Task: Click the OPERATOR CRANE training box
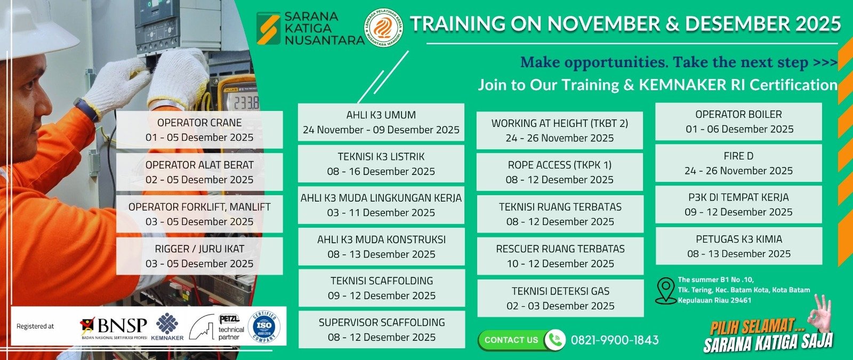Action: pos(199,130)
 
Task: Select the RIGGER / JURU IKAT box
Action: pos(199,256)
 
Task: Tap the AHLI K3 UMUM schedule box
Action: pos(381,122)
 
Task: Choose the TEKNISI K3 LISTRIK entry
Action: pos(381,164)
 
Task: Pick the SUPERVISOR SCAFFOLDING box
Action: pos(381,330)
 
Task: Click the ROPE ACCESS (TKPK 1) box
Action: pos(559,172)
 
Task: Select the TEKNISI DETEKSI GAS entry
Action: pos(560,298)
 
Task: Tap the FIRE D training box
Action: pos(738,163)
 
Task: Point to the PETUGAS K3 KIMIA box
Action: pos(738,246)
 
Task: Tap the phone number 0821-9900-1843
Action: pos(615,340)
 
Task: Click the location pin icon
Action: pos(665,291)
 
